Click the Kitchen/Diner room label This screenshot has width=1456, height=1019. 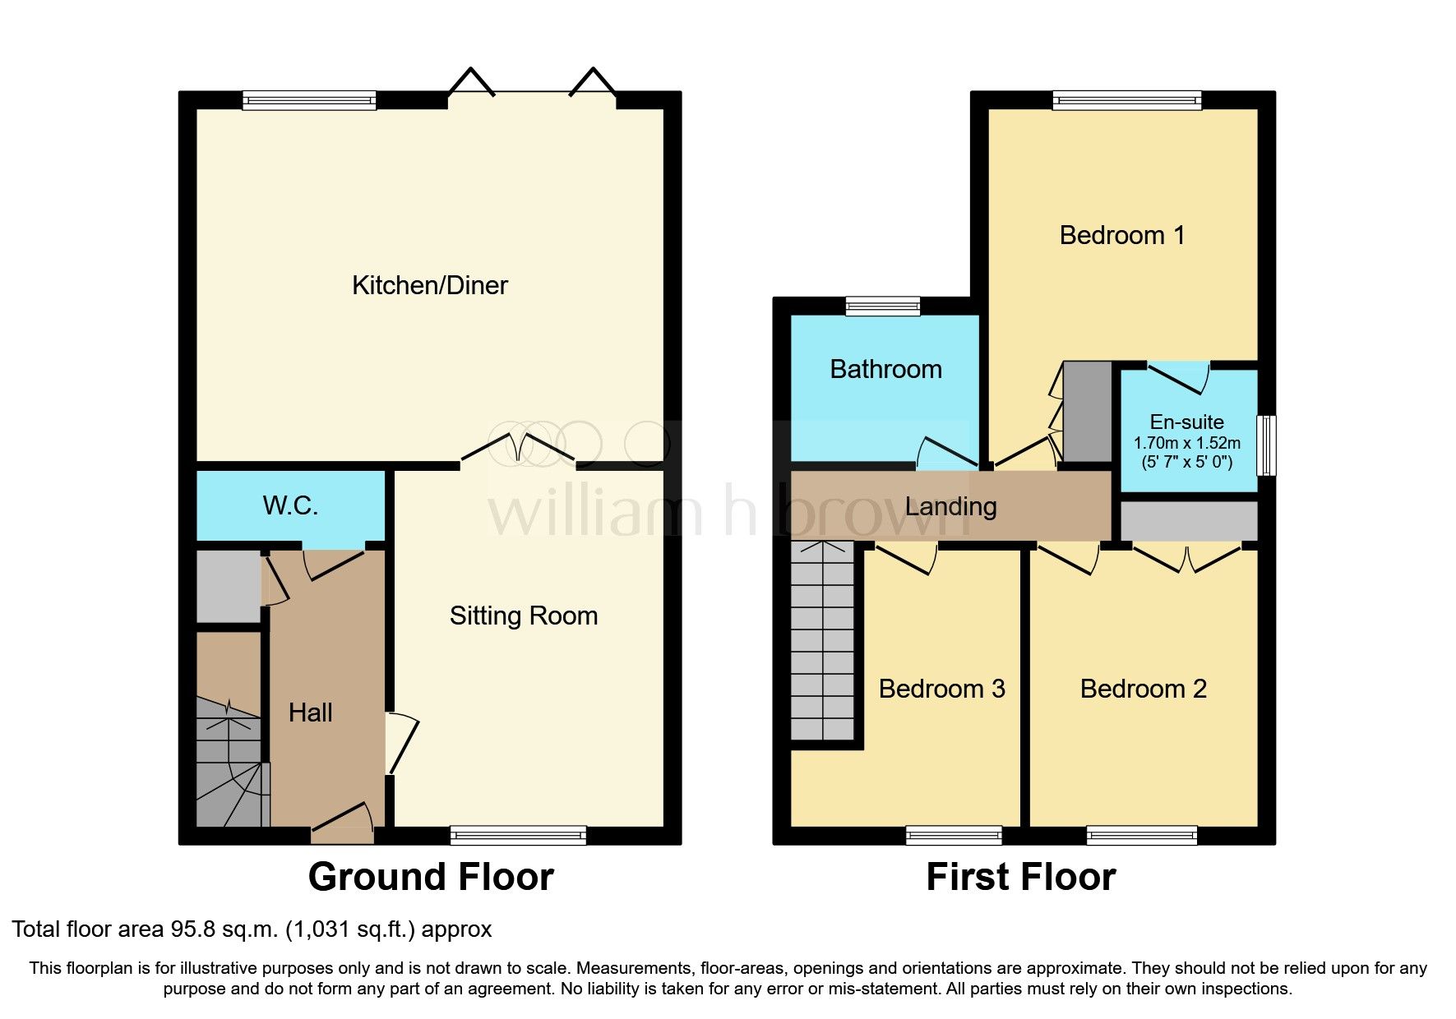point(429,285)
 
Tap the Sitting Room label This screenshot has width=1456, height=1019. point(523,616)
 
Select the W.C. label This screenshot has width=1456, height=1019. point(290,505)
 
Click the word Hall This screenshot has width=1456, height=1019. point(310,712)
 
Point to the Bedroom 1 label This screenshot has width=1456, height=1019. point(1121,236)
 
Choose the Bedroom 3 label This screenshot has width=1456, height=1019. point(941,689)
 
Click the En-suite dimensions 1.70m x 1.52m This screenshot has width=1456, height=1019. point(1186,443)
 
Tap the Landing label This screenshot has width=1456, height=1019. point(950,506)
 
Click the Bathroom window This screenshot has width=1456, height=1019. point(883,307)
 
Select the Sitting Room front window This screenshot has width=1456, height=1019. point(518,836)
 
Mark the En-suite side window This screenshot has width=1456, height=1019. point(1268,445)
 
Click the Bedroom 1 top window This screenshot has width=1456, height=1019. point(1126,100)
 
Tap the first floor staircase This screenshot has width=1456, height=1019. point(822,641)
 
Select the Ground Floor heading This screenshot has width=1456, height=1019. point(430,877)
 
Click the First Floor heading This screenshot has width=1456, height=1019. point(1020,877)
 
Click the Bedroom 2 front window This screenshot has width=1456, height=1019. point(1141,836)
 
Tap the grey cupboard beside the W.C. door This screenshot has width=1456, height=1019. point(228,586)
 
